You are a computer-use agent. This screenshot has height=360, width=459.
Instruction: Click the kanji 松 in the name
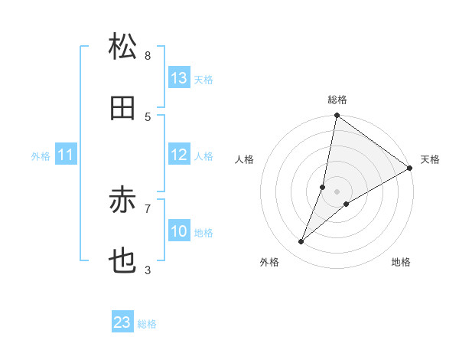click(x=122, y=48)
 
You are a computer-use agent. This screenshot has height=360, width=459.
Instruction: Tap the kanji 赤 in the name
click(x=122, y=201)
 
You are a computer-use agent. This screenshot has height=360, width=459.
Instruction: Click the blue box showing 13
click(x=179, y=78)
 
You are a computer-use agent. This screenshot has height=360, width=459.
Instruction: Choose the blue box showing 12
click(x=179, y=155)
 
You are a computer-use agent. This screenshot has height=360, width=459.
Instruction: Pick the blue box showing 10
click(x=179, y=231)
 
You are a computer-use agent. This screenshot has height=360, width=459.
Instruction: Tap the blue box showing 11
click(x=66, y=155)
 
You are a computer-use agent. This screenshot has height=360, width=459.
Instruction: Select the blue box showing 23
click(x=122, y=322)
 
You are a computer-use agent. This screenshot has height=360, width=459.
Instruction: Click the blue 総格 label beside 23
click(x=147, y=324)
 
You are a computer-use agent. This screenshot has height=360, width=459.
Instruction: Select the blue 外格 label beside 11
click(x=41, y=156)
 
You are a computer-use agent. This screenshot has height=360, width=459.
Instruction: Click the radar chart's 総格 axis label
click(x=337, y=100)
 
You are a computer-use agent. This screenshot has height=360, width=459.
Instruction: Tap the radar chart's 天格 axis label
click(x=430, y=159)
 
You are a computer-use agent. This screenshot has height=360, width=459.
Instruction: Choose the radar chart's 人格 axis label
click(x=244, y=159)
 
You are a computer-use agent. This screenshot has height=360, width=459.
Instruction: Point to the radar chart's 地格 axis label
click(x=401, y=262)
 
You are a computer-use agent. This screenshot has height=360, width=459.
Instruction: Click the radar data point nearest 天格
click(x=410, y=169)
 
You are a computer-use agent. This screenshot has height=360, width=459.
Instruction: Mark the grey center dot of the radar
click(x=337, y=191)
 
